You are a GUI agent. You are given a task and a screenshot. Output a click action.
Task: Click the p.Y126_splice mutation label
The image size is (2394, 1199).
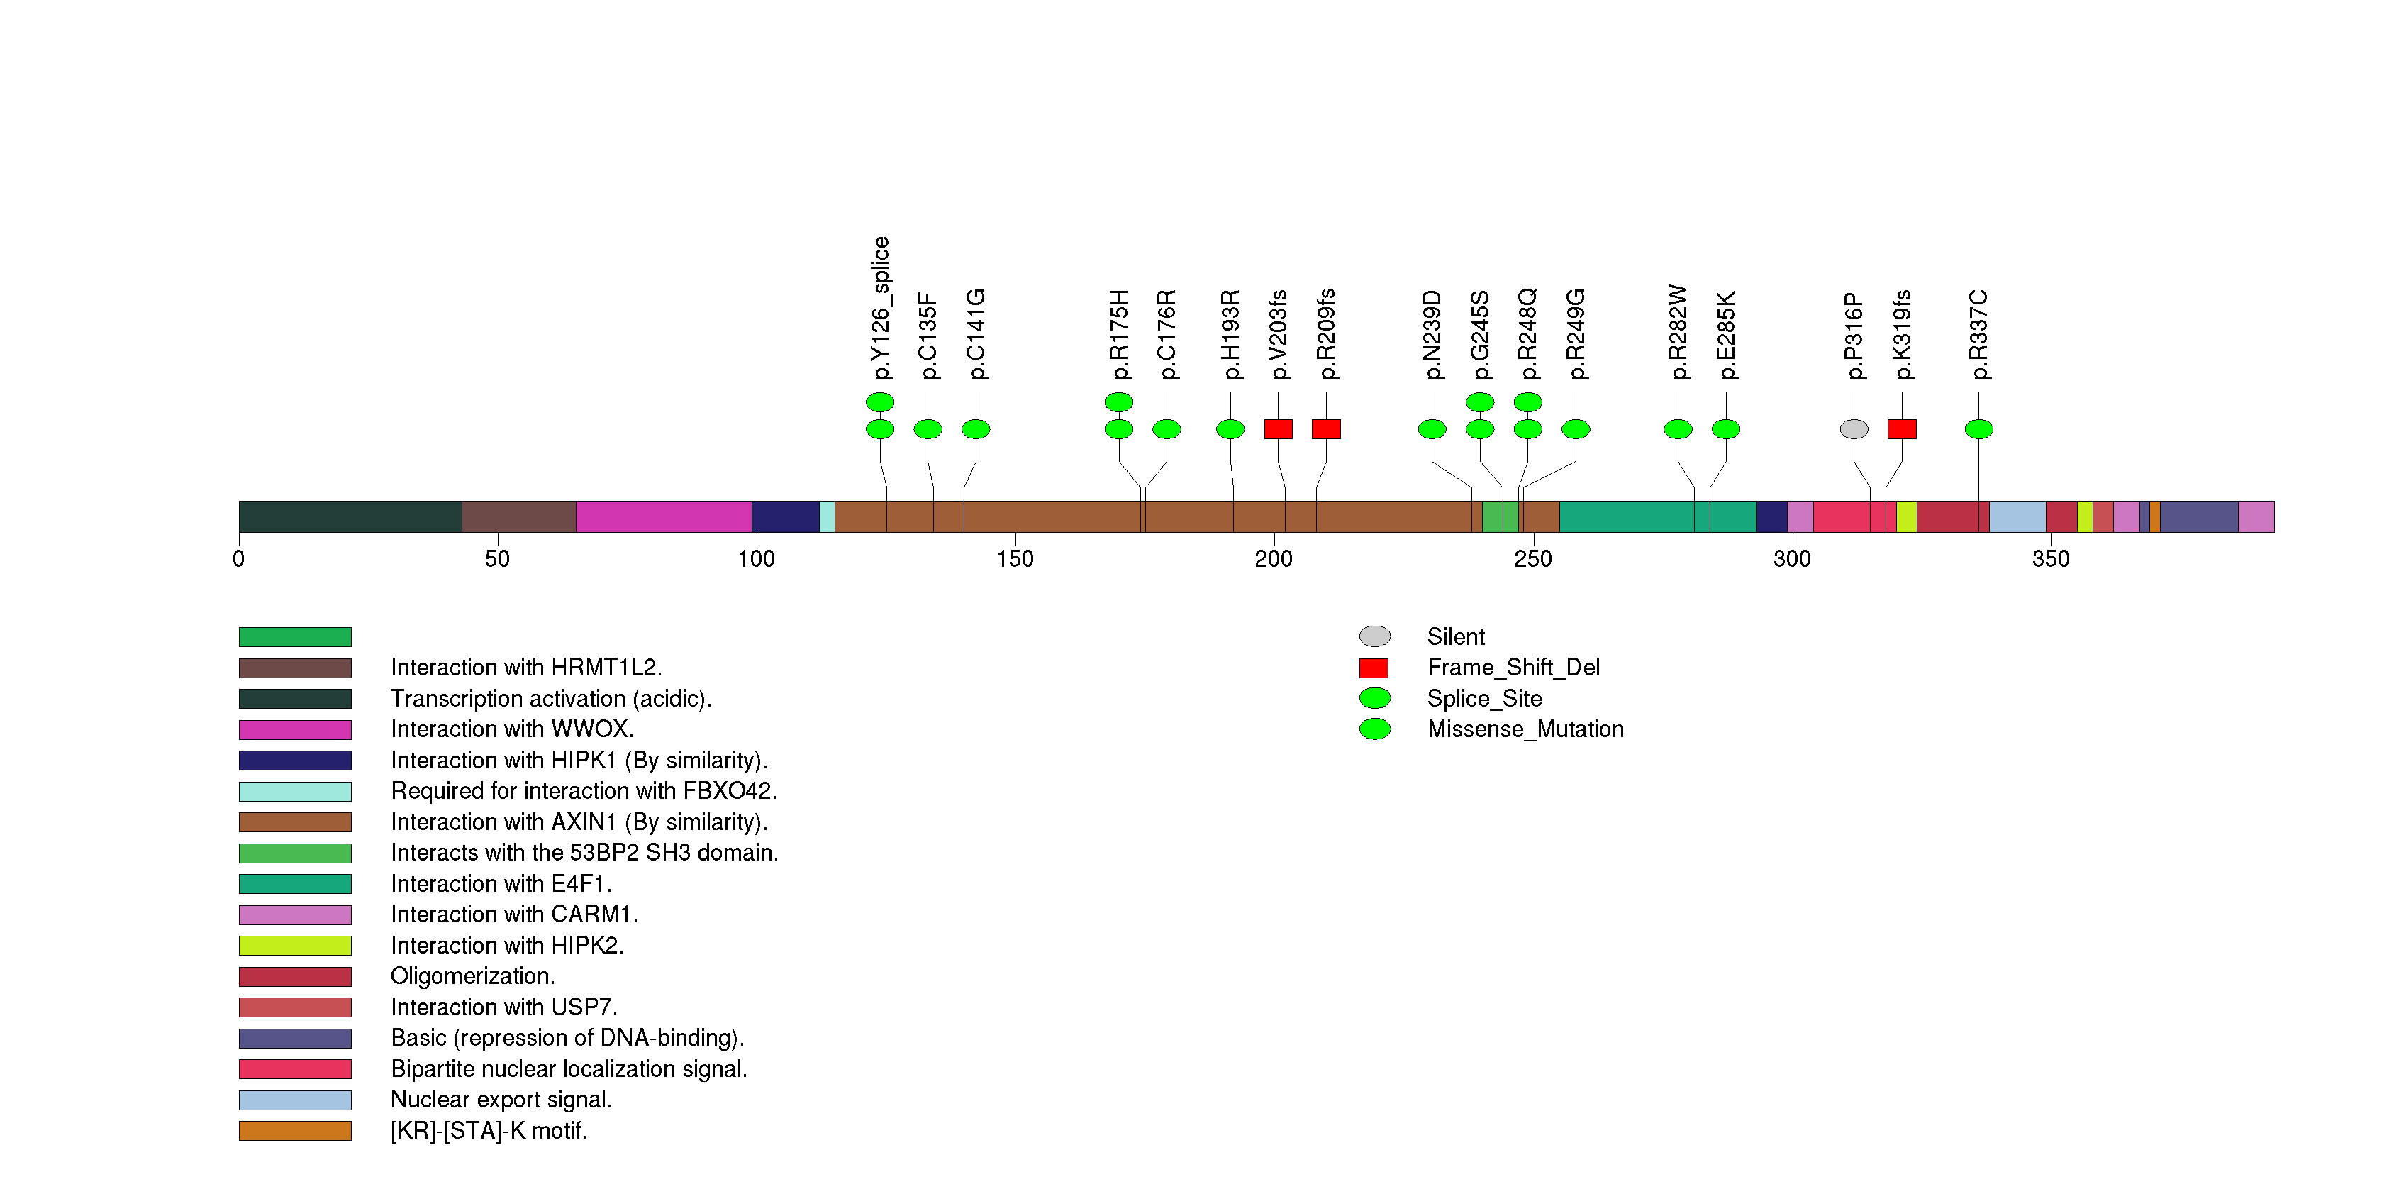click(881, 308)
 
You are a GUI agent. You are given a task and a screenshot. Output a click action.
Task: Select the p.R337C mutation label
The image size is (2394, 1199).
click(1978, 335)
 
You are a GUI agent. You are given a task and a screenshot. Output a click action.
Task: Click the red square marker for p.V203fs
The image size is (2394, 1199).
click(1278, 429)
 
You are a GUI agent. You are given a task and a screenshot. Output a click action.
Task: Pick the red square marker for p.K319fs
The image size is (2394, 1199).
click(1901, 429)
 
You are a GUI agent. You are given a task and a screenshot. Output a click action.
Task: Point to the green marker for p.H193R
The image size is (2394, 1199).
click(1230, 429)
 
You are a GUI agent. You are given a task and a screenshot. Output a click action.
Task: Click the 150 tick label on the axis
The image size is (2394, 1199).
click(1015, 558)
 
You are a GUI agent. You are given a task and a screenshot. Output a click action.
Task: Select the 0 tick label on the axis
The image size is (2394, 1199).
click(239, 558)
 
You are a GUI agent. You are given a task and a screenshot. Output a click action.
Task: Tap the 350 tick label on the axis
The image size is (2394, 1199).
click(2050, 558)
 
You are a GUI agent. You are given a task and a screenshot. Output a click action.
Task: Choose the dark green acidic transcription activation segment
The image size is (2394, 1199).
click(350, 516)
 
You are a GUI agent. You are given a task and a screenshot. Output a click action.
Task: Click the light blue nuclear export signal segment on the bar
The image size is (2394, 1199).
click(2017, 516)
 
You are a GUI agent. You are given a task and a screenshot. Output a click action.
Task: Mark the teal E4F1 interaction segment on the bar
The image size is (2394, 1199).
click(1626, 516)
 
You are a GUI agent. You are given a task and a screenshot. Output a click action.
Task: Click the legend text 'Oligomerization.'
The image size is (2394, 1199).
click(472, 976)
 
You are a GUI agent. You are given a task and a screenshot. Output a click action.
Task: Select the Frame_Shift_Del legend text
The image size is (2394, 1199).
click(1513, 668)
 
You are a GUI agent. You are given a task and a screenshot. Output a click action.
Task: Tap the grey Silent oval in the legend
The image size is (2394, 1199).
click(1374, 636)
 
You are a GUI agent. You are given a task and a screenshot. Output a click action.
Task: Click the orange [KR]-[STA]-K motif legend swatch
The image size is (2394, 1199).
click(294, 1130)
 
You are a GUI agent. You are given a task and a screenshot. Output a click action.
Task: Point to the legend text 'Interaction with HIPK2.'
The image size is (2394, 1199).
click(506, 945)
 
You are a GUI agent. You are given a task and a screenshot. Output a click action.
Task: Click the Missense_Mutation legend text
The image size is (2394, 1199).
click(1525, 729)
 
